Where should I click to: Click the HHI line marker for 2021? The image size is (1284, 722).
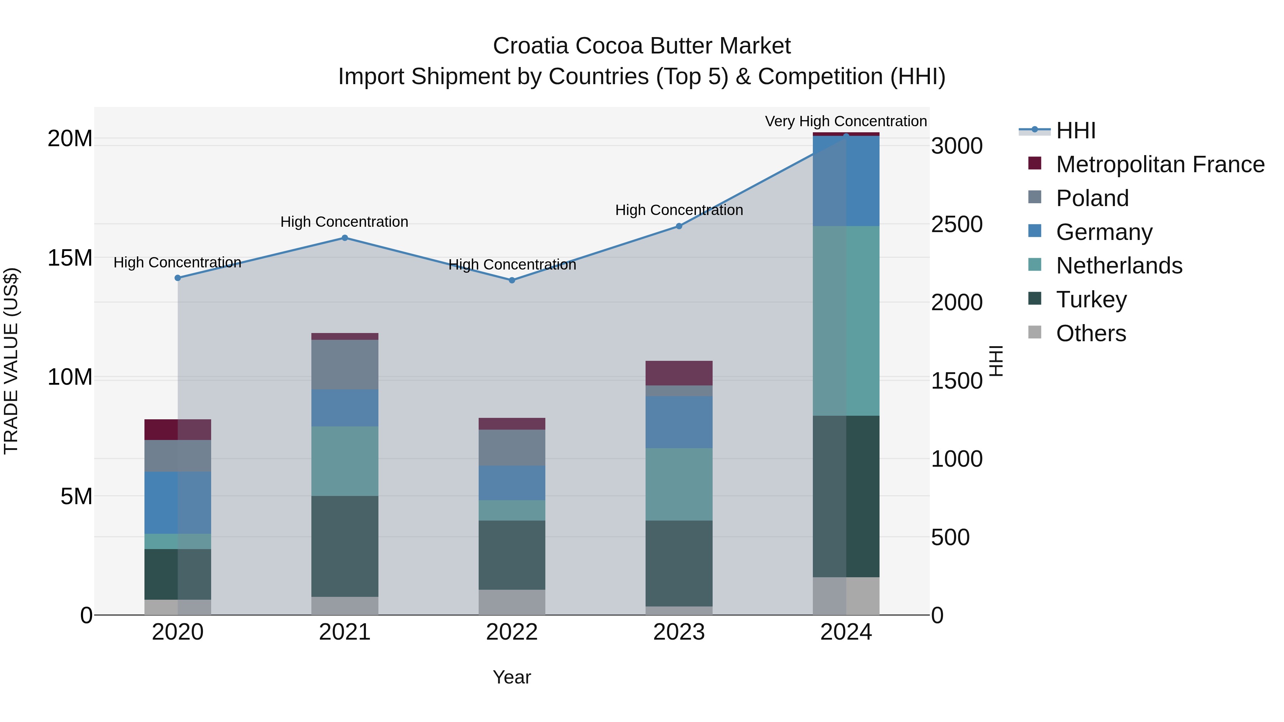345,238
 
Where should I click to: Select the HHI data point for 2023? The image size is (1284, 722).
679,226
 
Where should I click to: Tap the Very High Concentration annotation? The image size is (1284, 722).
846,121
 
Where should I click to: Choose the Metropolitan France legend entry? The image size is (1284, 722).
1160,164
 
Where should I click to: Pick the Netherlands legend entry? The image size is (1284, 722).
1119,266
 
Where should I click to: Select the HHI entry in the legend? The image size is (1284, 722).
1076,130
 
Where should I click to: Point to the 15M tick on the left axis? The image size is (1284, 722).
70,258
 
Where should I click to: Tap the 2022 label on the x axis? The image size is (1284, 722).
512,632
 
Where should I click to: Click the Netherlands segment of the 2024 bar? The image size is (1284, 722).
846,321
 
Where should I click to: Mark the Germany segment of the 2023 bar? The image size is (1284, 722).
679,422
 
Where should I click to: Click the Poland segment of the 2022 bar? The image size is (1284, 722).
512,447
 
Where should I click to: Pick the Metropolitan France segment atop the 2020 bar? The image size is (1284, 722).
178,430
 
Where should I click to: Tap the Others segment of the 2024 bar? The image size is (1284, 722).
846,596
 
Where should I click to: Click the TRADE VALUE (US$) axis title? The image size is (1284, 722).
11,361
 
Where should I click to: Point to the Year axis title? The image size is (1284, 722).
512,677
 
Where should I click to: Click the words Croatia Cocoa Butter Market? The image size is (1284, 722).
642,46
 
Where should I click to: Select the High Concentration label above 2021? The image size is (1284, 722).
345,222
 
